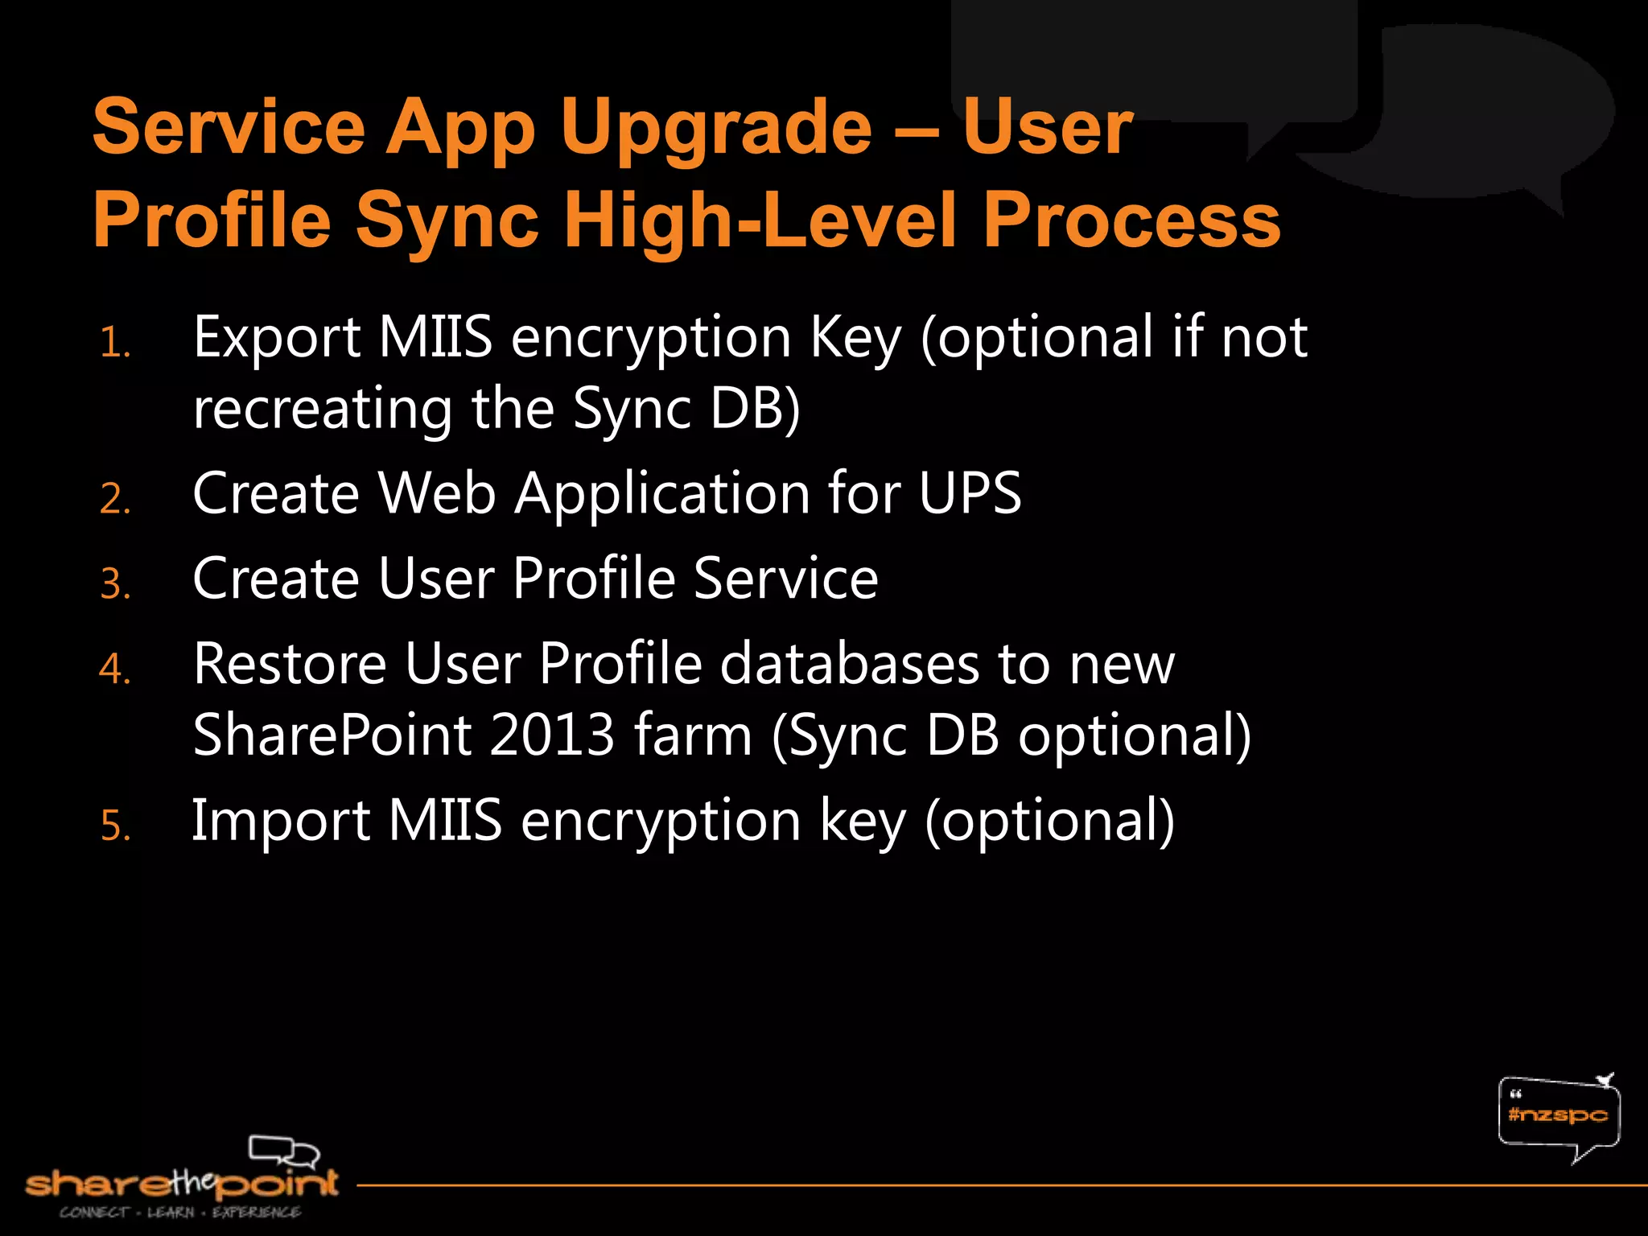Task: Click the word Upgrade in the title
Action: click(716, 129)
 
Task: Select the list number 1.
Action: click(115, 344)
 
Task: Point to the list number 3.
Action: click(115, 584)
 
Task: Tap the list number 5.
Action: click(115, 826)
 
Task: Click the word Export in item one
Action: click(276, 338)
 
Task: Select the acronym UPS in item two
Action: click(970, 493)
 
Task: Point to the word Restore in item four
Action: click(290, 664)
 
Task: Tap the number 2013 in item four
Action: click(551, 735)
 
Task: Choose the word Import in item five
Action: click(280, 821)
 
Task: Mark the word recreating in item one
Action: click(323, 409)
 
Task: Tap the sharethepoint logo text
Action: click(181, 1184)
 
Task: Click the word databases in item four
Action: click(849, 664)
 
